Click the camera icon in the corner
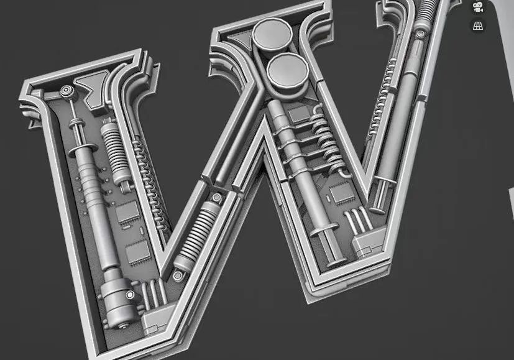pos(479,7)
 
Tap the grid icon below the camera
pos(479,25)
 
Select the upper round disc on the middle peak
pos(273,35)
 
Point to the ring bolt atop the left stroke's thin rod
pos(67,91)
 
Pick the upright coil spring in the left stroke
pos(115,154)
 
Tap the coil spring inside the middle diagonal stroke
pos(196,237)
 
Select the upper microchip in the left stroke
pos(127,212)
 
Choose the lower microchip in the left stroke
pos(139,252)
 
